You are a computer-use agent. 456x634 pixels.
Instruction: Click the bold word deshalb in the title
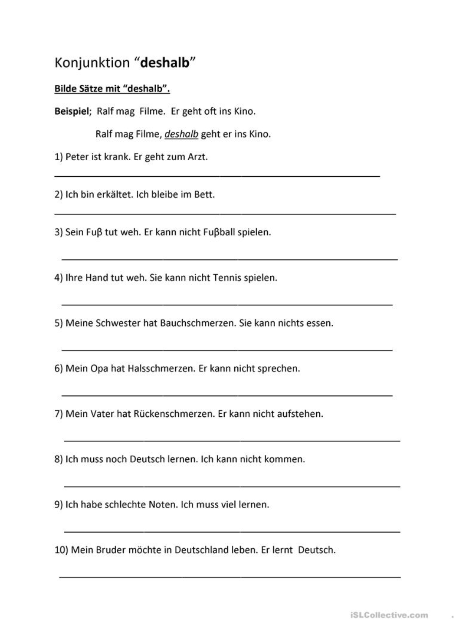[x=165, y=62]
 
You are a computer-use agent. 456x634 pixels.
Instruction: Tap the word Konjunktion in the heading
[x=92, y=62]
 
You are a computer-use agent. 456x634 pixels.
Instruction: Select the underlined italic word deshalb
[x=181, y=134]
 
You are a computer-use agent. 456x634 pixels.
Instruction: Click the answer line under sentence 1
[x=217, y=175]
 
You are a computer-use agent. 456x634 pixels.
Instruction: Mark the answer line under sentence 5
[x=227, y=350]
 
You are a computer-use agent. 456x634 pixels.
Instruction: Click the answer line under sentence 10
[x=230, y=577]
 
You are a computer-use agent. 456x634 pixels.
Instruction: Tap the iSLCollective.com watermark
[x=389, y=615]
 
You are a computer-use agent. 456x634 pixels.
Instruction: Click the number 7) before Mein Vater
[x=59, y=414]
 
